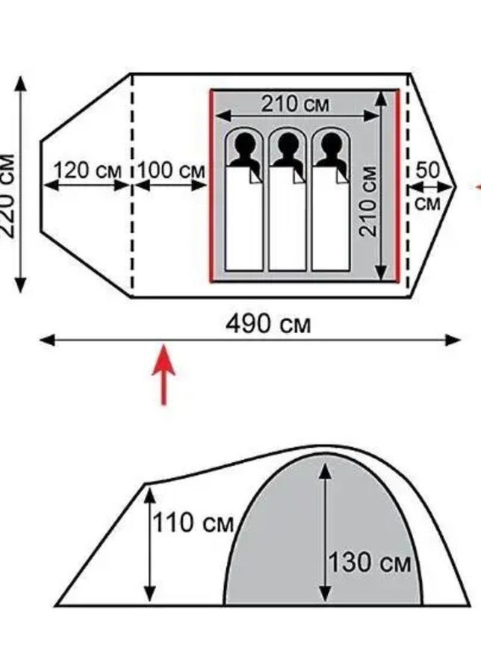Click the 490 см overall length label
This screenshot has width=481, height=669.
(268, 324)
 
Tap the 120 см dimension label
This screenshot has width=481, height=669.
(87, 171)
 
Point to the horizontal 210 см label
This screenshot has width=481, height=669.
(295, 104)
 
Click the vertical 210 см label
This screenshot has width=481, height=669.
(368, 202)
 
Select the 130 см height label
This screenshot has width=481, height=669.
(370, 562)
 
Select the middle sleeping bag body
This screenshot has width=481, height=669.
(288, 219)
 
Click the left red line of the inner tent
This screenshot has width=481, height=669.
(211, 186)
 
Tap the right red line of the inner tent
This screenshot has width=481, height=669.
(397, 186)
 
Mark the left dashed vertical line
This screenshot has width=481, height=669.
(132, 186)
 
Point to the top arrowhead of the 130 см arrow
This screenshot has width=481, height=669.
(325, 470)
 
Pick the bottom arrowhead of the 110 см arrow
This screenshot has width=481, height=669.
(149, 594)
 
